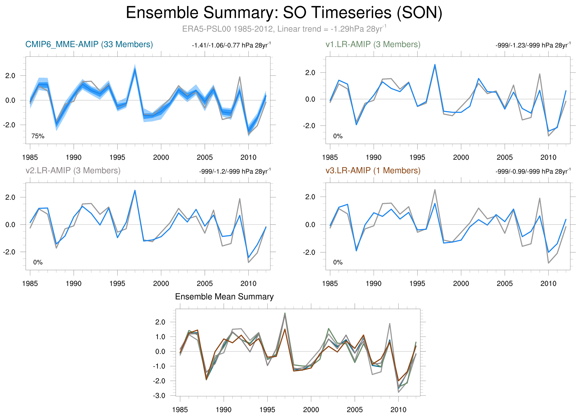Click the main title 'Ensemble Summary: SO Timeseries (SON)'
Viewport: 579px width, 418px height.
pos(284,13)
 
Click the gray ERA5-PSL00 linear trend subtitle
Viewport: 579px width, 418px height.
pos(284,29)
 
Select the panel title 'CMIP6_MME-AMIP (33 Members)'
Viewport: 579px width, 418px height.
pos(89,44)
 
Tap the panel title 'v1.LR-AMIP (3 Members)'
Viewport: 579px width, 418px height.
pos(373,44)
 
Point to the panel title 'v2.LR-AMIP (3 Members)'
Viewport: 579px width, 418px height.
pos(73,170)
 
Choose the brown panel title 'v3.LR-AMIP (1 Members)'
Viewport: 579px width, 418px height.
pos(373,170)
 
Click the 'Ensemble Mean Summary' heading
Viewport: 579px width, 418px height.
pos(224,297)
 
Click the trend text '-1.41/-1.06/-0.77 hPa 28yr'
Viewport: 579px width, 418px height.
pos(231,45)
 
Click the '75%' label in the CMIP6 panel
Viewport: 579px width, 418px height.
pos(38,136)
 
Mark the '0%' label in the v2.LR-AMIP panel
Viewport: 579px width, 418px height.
pos(38,262)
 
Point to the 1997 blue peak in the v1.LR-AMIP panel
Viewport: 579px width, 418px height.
pos(435,64)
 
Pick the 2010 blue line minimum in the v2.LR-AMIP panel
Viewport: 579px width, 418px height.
pos(248,258)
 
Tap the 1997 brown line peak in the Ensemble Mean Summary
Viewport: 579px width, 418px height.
pos(285,329)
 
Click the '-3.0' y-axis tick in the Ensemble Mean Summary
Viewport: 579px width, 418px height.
pos(159,396)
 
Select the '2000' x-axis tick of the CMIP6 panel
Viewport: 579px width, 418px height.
pos(161,157)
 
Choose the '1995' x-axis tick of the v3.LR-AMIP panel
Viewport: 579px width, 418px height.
pos(417,283)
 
